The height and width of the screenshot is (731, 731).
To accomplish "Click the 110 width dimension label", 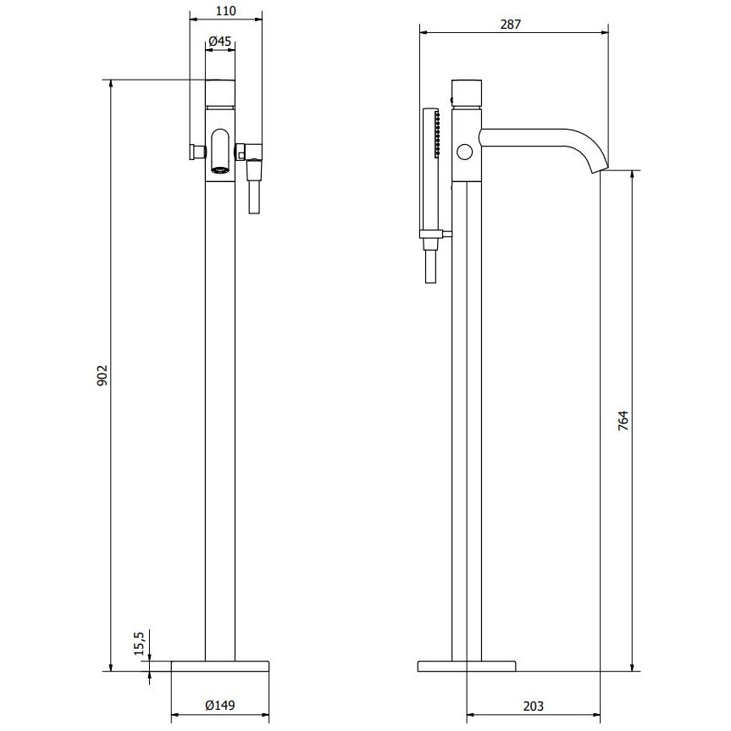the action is (226, 10).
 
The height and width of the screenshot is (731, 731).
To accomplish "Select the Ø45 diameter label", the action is (220, 41).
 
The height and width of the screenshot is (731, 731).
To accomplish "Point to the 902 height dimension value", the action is (102, 375).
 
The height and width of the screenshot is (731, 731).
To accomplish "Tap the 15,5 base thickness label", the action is (141, 643).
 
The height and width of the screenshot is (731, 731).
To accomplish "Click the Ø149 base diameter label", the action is (220, 706).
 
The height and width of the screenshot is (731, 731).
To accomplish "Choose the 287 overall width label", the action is (511, 25).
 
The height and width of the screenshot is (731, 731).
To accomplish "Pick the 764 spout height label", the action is (623, 420).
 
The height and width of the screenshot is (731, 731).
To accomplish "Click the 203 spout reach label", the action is (534, 706).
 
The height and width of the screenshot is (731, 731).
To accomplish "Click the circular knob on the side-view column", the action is (465, 152).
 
